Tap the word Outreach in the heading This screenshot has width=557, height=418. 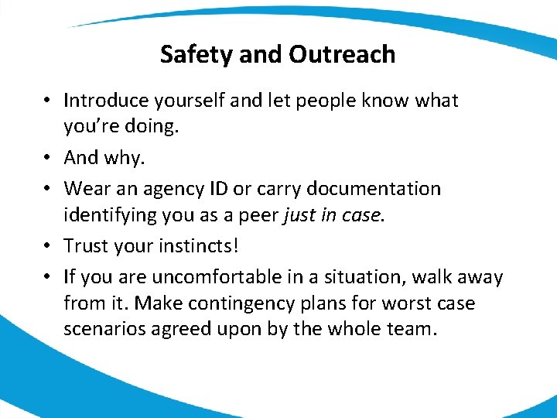342,55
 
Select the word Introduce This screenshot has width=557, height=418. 108,101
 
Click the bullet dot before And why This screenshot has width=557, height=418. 48,159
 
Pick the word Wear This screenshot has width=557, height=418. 84,189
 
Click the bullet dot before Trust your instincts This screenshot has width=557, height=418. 48,246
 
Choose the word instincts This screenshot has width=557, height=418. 195,246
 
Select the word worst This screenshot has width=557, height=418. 401,303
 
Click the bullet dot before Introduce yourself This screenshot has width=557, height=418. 48,101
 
